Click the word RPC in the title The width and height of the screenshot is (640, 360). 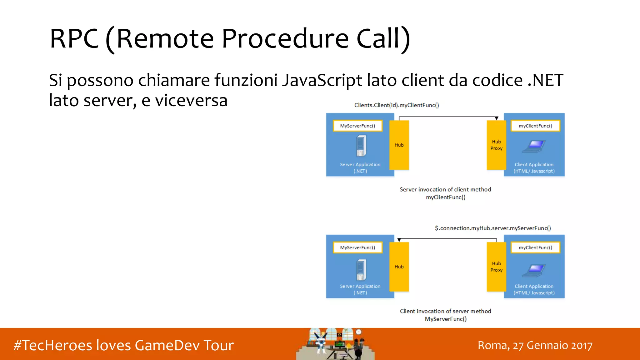pos(74,39)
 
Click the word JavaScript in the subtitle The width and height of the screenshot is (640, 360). pos(322,80)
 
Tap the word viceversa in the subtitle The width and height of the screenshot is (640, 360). pos(191,101)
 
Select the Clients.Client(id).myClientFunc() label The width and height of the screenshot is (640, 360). pos(397,105)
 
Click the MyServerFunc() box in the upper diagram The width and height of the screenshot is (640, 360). pos(357,126)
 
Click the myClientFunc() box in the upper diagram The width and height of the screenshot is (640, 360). pos(535,126)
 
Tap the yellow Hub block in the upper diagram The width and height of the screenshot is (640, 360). pos(399,145)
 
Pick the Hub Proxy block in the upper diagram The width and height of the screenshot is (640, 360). pos(496,145)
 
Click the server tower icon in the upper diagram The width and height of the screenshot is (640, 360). pos(361,146)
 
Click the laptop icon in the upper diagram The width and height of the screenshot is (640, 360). pos(534,146)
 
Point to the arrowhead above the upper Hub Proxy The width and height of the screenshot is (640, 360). pos(497,118)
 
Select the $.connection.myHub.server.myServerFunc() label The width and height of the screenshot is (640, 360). pos(493,228)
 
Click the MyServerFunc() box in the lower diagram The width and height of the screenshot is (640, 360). pos(357,247)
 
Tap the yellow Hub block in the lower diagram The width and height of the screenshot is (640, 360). pos(399,267)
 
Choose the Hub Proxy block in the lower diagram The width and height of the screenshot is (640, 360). pos(496,267)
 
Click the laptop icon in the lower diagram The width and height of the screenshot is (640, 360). pos(534,270)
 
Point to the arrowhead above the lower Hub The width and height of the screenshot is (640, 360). pos(399,240)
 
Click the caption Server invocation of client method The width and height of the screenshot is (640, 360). pos(445,190)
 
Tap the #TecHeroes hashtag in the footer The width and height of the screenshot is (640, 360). pos(53,346)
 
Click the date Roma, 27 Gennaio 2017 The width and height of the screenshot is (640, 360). pos(535,346)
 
